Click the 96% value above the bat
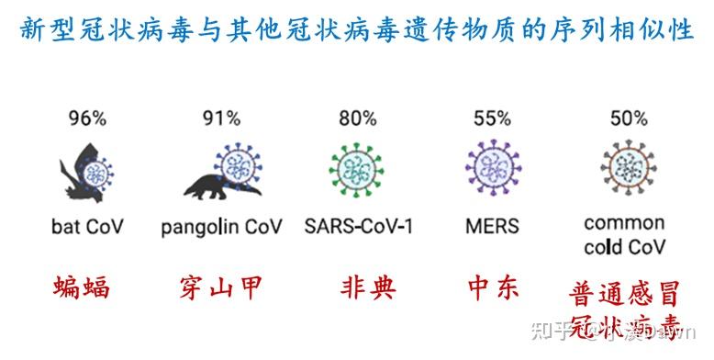[x=87, y=118]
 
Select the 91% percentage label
[x=220, y=118]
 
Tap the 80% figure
[x=356, y=118]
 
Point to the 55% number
[x=492, y=118]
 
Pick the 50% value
[x=628, y=118]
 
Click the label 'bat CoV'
[x=87, y=225]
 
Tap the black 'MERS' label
[x=492, y=225]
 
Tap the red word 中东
[x=492, y=289]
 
